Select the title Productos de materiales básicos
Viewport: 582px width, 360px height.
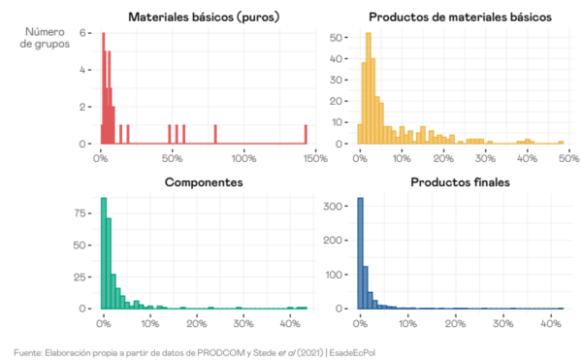[460, 16]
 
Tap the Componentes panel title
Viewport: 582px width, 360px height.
[203, 182]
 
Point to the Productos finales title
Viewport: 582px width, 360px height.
[460, 182]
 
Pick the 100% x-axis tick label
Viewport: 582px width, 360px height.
[242, 158]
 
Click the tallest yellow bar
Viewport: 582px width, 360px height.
[369, 87]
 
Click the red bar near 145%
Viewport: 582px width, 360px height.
[306, 134]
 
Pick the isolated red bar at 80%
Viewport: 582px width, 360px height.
[215, 134]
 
